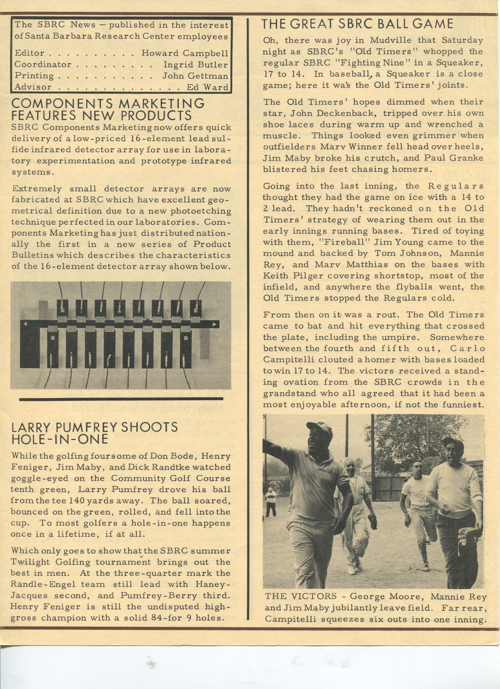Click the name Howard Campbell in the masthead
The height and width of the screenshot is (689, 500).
tap(185, 53)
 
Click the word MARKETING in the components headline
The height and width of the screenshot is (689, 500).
tap(161, 104)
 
